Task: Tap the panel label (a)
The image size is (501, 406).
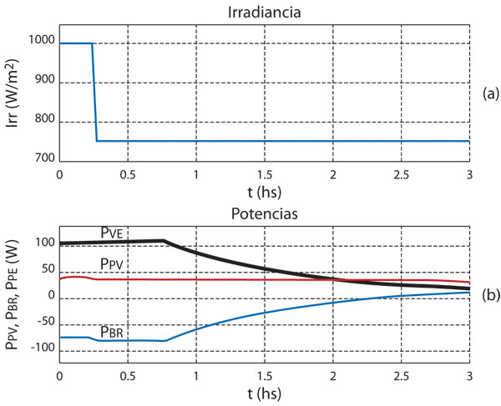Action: click(490, 94)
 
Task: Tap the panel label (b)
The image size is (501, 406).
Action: click(490, 293)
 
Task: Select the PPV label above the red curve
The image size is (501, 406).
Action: click(113, 263)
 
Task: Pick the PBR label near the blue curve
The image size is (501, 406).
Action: click(114, 331)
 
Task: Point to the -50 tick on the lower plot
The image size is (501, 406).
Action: click(43, 322)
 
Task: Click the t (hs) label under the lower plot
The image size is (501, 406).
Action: click(264, 393)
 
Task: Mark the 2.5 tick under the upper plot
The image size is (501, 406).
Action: click(401, 177)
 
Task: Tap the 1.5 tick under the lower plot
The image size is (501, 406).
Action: click(264, 375)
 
